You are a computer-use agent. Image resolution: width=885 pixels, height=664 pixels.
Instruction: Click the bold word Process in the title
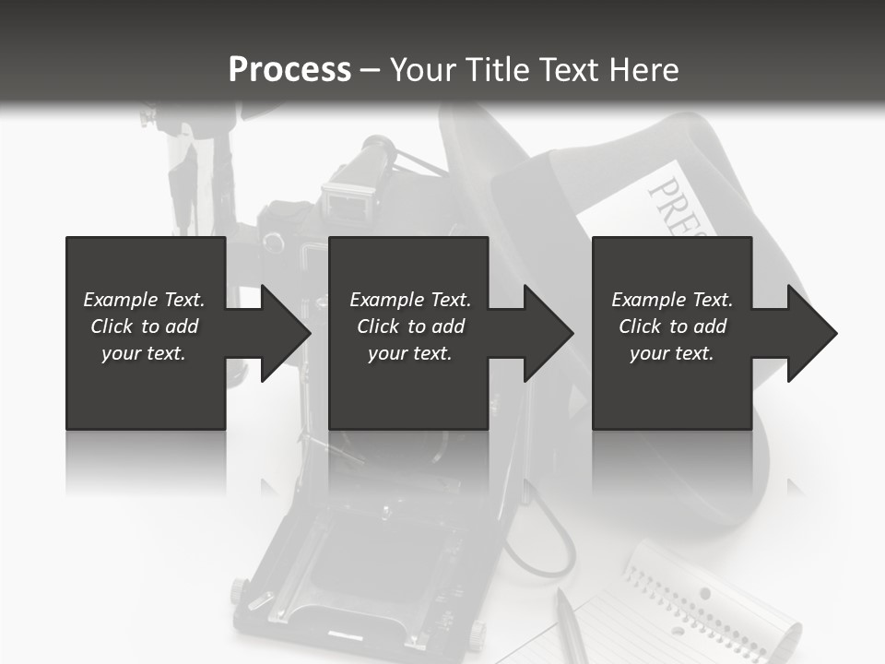[x=290, y=69]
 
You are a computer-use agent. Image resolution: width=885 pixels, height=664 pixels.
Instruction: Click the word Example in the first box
[x=121, y=300]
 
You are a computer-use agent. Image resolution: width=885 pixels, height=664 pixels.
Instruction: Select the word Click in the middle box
[x=379, y=326]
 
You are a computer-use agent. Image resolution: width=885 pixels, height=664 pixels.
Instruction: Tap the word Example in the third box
[x=649, y=300]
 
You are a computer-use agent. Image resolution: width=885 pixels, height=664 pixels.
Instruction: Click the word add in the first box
[x=182, y=326]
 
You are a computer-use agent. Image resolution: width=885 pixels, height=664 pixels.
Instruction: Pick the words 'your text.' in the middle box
[x=409, y=353]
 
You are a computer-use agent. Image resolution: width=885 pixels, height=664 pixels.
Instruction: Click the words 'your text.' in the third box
[x=672, y=353]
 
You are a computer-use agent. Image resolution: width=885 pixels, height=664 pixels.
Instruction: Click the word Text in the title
[x=567, y=69]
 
